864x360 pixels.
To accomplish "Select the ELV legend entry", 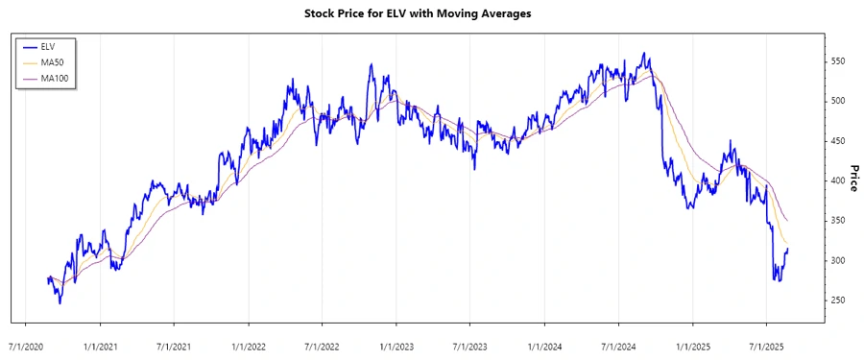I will (x=47, y=45).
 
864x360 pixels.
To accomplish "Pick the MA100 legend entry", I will (x=55, y=78).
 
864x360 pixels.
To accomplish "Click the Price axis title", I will (x=853, y=178).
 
